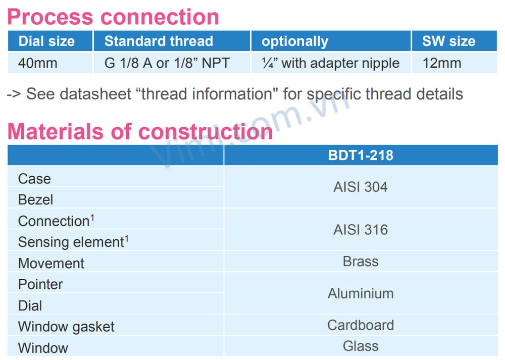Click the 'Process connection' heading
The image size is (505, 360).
(113, 17)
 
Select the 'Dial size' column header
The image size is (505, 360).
(46, 41)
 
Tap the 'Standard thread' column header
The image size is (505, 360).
(159, 41)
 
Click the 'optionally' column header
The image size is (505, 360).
(295, 41)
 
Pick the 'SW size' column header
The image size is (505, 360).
(448, 41)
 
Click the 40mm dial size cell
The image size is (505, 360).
(38, 63)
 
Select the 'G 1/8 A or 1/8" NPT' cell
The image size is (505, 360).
(167, 63)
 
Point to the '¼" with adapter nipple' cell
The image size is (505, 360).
(330, 64)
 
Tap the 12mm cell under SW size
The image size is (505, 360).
(442, 63)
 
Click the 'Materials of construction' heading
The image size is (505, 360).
(140, 131)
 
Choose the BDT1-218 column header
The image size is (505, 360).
(361, 155)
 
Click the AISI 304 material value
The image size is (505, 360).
(361, 187)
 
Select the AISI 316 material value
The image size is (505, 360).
(361, 230)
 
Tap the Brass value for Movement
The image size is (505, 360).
(361, 262)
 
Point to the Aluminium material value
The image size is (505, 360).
(361, 294)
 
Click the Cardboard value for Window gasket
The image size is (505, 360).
(361, 325)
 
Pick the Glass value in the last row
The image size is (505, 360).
(361, 346)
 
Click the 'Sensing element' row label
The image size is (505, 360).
(73, 242)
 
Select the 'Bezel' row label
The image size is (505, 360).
(35, 199)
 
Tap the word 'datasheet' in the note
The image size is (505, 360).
(95, 94)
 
